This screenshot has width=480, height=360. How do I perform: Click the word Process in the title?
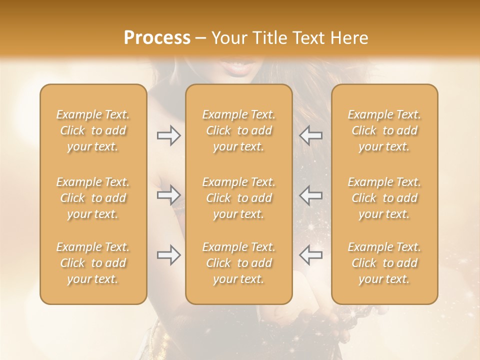tap(157, 38)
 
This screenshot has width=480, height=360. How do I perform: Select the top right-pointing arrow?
tap(168, 135)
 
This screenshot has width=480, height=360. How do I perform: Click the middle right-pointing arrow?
tap(168, 194)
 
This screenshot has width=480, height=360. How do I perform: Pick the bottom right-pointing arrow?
tap(168, 255)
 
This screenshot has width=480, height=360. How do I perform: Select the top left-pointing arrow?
tap(310, 135)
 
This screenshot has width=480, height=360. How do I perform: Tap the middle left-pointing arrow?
tap(310, 194)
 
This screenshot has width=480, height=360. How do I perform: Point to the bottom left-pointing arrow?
tap(310, 255)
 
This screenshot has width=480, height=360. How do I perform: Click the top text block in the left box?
tap(93, 130)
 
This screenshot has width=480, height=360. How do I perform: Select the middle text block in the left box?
tap(93, 198)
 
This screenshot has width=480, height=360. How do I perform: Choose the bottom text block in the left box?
tap(93, 263)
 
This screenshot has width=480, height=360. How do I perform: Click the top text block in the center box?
tap(238, 130)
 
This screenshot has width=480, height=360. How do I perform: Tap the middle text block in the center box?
tap(238, 198)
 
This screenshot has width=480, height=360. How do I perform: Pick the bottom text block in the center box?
tap(238, 263)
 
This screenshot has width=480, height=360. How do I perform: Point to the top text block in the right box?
tap(384, 130)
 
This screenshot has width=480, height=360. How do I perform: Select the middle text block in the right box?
tap(384, 198)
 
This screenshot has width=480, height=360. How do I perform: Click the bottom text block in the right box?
tap(384, 263)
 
